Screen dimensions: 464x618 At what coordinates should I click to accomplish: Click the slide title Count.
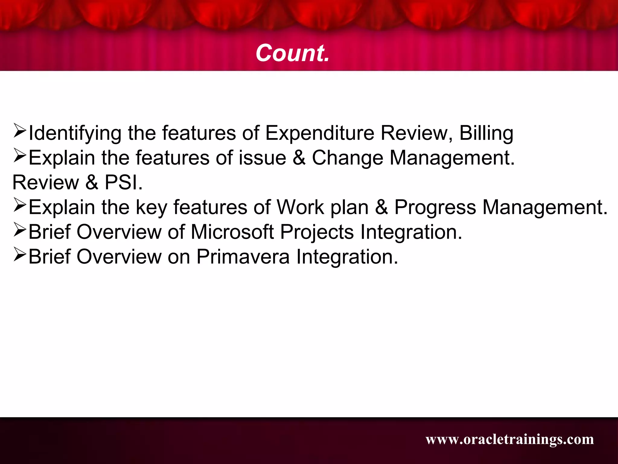(x=292, y=53)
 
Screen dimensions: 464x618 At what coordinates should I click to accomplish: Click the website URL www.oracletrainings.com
(x=510, y=439)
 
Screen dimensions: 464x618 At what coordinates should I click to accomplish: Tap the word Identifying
(x=75, y=133)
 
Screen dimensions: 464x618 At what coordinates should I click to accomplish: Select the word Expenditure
(x=320, y=133)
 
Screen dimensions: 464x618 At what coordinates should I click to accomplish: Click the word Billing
(x=486, y=133)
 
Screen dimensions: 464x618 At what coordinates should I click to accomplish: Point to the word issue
(x=262, y=158)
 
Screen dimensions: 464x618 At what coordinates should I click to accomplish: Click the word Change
(x=347, y=158)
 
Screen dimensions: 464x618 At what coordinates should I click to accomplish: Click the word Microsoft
(x=232, y=232)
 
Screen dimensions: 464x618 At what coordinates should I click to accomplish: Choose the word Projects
(x=317, y=232)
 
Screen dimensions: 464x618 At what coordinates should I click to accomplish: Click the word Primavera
(x=243, y=257)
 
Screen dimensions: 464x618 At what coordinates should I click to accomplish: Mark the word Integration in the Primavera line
(x=347, y=257)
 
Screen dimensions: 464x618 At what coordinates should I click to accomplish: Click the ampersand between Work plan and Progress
(x=381, y=208)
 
